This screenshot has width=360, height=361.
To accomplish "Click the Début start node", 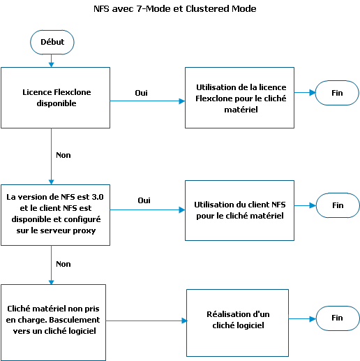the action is [52, 42].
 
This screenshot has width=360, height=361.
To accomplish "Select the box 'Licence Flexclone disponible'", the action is [55, 98].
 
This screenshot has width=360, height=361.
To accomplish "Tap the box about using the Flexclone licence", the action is [239, 98].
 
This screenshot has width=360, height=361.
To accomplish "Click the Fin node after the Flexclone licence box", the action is [337, 93].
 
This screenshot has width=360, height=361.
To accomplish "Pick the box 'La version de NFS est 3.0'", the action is [55, 215].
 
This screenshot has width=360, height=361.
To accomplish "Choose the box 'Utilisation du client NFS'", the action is [239, 210].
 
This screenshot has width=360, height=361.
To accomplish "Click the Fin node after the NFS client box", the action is [338, 205].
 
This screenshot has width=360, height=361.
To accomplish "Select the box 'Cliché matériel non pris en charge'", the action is [53, 323].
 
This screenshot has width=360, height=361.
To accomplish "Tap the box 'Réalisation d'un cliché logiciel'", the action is [237, 323].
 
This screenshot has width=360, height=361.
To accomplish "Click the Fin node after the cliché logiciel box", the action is [338, 318].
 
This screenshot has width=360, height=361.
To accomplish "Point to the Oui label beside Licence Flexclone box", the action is [141, 93].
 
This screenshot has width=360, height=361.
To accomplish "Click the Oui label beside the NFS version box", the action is [144, 200].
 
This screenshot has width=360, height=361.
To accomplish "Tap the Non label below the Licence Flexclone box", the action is [63, 155].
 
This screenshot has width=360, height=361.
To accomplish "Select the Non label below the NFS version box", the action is [63, 264].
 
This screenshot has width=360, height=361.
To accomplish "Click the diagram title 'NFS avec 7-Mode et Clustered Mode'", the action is [175, 9].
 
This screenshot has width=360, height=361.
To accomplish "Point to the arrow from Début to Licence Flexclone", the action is [52, 61].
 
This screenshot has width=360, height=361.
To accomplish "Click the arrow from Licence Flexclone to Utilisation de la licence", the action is [148, 101].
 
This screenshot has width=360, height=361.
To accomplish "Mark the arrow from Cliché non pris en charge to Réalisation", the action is [147, 321].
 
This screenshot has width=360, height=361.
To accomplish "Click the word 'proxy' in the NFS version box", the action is [84, 230].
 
